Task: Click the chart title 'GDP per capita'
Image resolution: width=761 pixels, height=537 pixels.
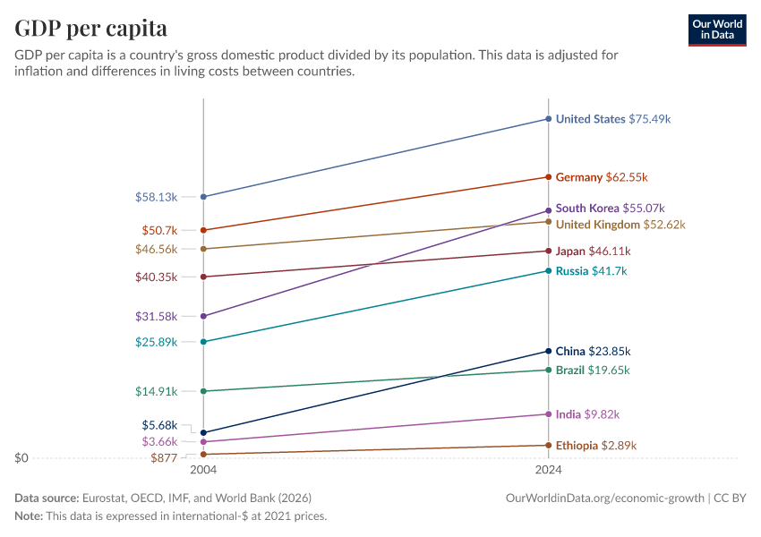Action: pyautogui.click(x=90, y=29)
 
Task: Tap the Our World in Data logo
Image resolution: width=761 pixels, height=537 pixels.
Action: pyautogui.click(x=717, y=30)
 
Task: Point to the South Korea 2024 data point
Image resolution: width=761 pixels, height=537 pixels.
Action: pyautogui.click(x=548, y=211)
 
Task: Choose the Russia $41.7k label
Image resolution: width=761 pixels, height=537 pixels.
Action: pyautogui.click(x=591, y=271)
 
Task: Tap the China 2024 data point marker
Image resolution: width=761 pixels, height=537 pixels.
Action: pyautogui.click(x=548, y=351)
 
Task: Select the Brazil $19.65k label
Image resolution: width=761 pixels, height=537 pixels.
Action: pyautogui.click(x=593, y=371)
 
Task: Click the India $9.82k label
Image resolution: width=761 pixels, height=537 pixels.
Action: pyautogui.click(x=587, y=414)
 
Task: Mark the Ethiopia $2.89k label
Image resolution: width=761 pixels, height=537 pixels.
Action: pyautogui.click(x=596, y=446)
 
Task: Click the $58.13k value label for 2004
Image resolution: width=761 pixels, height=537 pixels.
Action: pyautogui.click(x=157, y=197)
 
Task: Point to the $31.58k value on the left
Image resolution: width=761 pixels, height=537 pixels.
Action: pyautogui.click(x=157, y=316)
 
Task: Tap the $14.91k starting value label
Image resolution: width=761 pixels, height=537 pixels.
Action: pyautogui.click(x=157, y=391)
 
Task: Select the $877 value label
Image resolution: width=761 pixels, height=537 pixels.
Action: pyautogui.click(x=165, y=458)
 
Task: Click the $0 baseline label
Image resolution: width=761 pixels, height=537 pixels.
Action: pyautogui.click(x=21, y=458)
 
